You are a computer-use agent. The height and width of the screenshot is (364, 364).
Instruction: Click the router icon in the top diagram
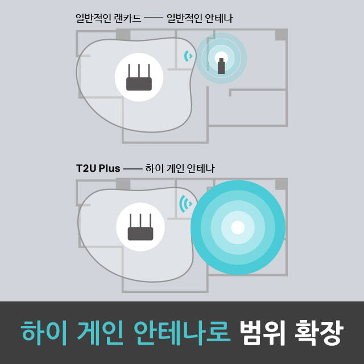(x=139, y=77)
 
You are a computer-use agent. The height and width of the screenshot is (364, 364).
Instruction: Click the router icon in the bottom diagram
(x=140, y=227)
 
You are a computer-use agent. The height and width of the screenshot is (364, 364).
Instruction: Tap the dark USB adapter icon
(x=221, y=66)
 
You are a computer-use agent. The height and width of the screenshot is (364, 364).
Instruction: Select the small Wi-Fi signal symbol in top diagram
(x=188, y=56)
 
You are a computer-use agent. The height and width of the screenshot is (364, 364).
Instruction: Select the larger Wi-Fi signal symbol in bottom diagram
(x=186, y=204)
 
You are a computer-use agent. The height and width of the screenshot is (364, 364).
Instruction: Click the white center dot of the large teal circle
(x=238, y=227)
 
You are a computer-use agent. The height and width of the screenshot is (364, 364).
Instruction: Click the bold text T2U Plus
(x=98, y=168)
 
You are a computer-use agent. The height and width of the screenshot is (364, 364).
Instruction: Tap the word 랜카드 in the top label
(x=127, y=18)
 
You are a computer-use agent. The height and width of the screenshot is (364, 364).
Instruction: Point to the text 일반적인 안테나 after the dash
(x=200, y=18)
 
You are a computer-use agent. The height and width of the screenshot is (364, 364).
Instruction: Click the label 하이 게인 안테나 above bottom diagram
(x=180, y=168)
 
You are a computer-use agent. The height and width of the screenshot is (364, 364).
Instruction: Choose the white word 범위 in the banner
(x=262, y=332)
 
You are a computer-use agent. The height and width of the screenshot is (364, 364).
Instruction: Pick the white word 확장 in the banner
(x=318, y=332)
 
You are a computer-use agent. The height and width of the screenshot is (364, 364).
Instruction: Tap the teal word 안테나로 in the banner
(x=182, y=332)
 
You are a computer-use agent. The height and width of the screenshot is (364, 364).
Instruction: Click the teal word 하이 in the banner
(x=44, y=332)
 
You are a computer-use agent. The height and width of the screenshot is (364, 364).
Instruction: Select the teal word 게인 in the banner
(x=100, y=332)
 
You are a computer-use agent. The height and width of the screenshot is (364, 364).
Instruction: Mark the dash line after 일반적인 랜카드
(x=154, y=18)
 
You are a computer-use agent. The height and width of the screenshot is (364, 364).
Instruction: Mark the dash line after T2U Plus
(x=133, y=169)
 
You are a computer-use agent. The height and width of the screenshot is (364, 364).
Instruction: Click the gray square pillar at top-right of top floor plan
(x=282, y=34)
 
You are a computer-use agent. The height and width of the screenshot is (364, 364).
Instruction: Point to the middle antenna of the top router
(x=139, y=71)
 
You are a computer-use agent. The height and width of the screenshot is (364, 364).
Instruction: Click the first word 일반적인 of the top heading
(x=93, y=18)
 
